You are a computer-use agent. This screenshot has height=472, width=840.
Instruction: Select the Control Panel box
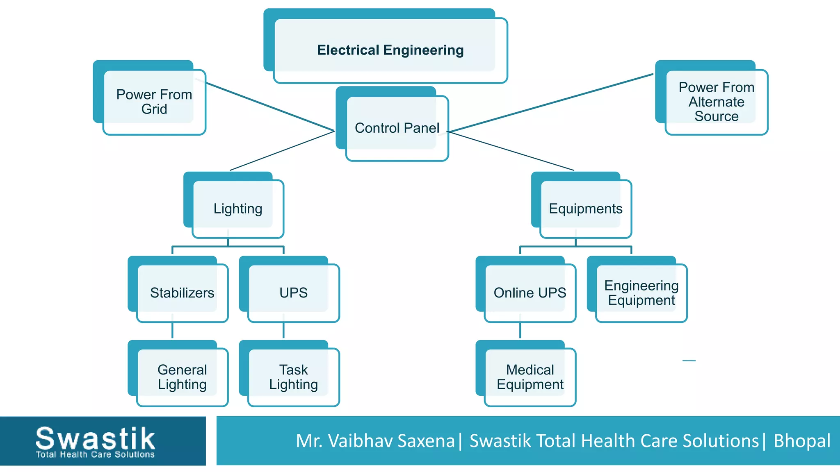point(397,128)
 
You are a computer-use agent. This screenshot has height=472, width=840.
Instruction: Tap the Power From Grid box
point(154,102)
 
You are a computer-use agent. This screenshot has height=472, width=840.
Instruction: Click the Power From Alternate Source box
point(716,102)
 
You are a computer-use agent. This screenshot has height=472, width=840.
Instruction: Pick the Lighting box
point(237,209)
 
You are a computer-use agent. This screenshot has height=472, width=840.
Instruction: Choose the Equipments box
point(585,209)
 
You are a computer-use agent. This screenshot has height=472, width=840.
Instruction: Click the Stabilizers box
point(182,293)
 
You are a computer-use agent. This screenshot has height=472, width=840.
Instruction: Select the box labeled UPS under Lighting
point(293,293)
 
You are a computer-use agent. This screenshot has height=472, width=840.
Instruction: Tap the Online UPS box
point(530,293)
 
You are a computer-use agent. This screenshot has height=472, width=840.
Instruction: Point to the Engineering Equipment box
point(641,293)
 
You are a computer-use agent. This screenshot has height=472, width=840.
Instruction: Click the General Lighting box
point(182,377)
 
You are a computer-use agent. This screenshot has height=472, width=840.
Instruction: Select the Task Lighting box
point(293,377)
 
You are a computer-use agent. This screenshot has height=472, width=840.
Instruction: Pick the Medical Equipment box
point(530,377)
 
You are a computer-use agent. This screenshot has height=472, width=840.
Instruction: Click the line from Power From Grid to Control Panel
point(271,107)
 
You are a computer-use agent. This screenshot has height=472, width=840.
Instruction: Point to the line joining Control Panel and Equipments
point(513,151)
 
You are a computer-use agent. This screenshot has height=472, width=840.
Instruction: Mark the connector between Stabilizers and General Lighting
point(172,330)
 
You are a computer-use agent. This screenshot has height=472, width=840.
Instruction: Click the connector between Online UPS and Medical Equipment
point(520,330)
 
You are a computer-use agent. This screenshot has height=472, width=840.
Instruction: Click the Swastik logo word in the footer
point(95,438)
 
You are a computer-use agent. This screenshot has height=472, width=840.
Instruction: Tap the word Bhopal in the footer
point(802,441)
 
